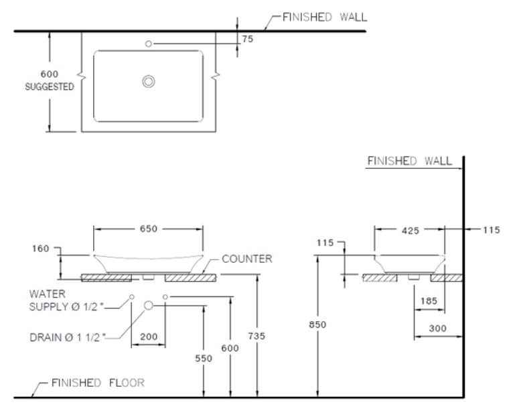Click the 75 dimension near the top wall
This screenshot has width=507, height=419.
247,40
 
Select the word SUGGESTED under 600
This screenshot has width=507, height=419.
50,86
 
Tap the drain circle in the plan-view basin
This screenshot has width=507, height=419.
148,81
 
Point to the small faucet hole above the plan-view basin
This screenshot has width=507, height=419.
149,44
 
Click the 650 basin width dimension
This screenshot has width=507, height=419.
148,229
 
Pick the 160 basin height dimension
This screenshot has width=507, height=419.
42,249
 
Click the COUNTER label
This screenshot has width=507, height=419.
246,259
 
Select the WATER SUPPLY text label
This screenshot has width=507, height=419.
65,300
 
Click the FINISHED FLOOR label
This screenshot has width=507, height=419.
98,383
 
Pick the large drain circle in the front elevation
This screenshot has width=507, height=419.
149,305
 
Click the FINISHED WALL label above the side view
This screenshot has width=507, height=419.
409,161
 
